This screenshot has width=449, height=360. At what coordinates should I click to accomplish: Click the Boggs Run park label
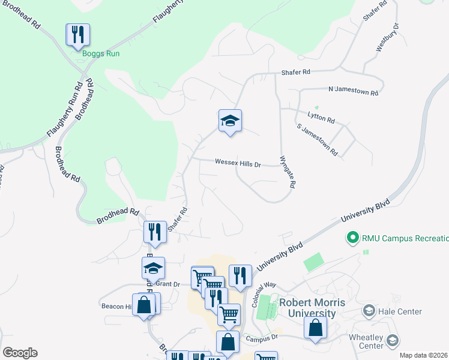(101, 54)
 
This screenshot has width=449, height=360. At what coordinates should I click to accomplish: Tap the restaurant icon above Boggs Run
(77, 35)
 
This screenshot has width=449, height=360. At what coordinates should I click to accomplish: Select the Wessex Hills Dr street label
(238, 163)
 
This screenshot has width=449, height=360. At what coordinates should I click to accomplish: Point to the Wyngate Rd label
(288, 173)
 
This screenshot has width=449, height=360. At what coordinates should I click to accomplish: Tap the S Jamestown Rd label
(317, 142)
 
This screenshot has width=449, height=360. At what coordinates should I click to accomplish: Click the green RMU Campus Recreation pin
(353, 238)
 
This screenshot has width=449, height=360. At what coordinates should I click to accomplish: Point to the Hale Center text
(400, 311)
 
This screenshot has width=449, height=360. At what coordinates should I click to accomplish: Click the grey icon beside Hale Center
(369, 311)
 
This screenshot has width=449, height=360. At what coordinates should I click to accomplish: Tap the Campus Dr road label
(264, 338)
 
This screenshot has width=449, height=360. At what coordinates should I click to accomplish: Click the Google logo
(20, 353)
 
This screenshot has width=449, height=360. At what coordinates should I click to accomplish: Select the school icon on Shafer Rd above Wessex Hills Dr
(230, 122)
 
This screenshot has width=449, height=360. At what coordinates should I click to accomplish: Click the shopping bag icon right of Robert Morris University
(316, 329)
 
